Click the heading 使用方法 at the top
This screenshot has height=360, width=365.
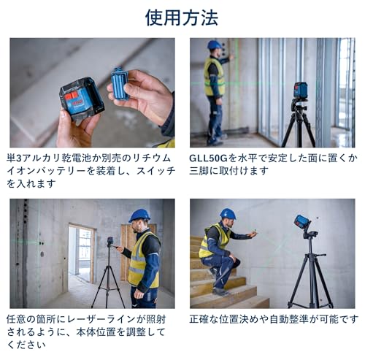point(182,17)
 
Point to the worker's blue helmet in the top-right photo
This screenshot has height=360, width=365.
point(214,45)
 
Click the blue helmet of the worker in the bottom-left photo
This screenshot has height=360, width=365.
point(139,215)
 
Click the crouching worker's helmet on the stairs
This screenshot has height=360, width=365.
point(228,214)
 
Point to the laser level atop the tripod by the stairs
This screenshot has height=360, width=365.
point(303,222)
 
